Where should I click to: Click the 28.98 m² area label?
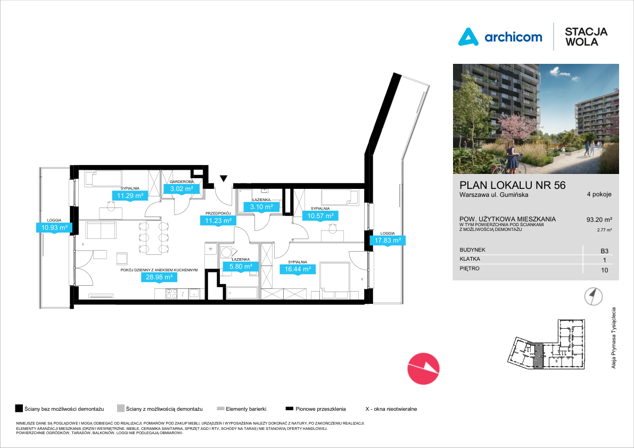point(159,277)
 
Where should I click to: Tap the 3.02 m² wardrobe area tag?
point(182,189)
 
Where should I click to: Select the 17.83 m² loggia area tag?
point(388,240)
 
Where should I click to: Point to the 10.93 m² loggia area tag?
point(54,227)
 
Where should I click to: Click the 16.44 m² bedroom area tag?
point(298,269)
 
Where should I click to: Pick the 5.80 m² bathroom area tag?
point(241,267)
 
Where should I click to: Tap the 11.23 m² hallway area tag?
point(218,221)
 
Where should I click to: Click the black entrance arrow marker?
point(224,179)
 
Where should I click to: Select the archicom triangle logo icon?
point(468,37)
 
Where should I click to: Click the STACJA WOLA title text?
point(586,37)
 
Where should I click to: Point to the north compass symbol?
point(593,296)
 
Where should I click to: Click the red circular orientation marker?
point(423,368)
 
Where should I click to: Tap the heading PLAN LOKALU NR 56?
point(512,185)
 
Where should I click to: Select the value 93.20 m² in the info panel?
point(599,220)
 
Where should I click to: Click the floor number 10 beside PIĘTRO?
point(605,270)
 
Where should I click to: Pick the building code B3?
point(605,251)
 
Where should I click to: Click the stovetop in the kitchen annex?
point(171,294)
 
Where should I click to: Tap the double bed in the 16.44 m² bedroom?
point(334,277)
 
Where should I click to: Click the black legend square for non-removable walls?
point(19,409)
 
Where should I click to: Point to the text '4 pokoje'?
point(599,194)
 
